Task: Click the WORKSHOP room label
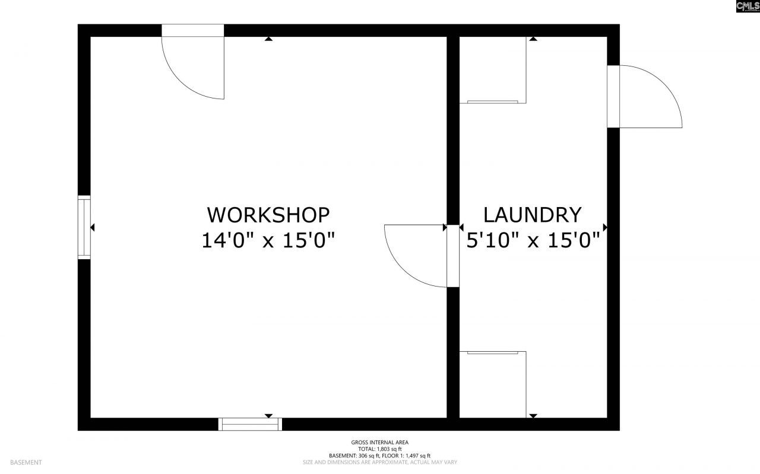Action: click(268, 214)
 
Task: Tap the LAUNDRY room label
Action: click(532, 214)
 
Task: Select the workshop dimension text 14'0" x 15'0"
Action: click(268, 241)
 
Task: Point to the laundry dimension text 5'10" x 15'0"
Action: click(533, 241)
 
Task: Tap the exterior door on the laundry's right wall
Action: click(644, 97)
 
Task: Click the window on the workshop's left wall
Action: click(84, 227)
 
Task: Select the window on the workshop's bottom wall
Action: click(250, 424)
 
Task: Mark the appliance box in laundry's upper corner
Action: click(493, 70)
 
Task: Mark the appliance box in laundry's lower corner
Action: click(493, 384)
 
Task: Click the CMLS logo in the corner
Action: click(748, 7)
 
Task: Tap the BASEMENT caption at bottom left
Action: click(26, 462)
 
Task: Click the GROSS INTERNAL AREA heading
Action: click(379, 442)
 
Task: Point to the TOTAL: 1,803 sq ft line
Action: click(379, 449)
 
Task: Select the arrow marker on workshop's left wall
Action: click(93, 227)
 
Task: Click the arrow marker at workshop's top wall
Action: click(268, 39)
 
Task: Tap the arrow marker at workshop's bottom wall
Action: click(268, 415)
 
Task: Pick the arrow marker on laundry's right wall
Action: click(605, 227)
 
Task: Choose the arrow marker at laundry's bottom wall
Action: click(533, 415)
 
